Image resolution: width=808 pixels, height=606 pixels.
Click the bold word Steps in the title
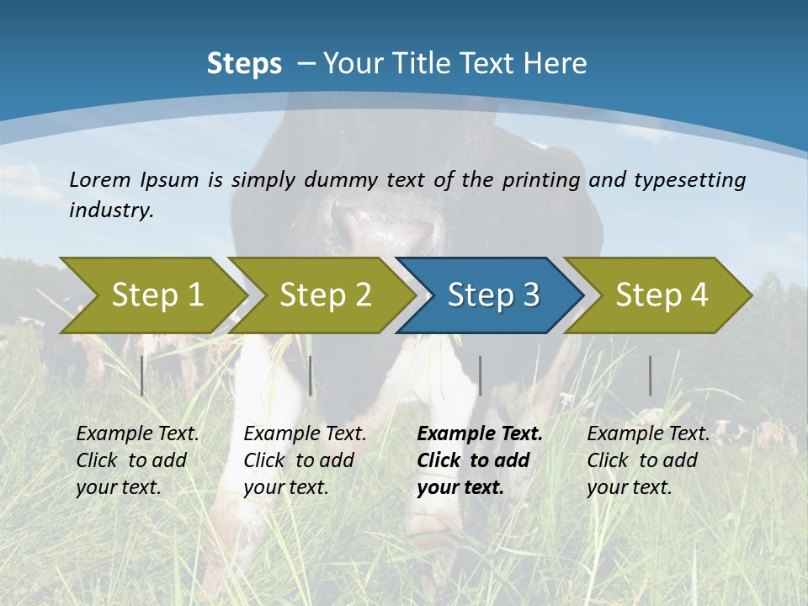point(244,63)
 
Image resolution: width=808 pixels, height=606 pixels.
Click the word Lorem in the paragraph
point(100,179)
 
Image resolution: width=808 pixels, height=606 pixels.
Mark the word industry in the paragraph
point(111,210)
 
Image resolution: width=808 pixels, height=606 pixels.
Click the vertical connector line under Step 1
point(142,375)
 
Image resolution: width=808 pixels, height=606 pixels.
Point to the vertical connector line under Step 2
point(311,375)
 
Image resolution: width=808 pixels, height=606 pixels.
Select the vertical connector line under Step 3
point(480,375)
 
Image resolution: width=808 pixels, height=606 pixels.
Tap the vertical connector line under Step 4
point(651,375)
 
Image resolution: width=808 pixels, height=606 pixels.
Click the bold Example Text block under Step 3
point(480,460)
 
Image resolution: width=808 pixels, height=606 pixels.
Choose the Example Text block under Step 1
point(137,460)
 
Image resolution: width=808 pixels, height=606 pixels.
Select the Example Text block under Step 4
point(648,460)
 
